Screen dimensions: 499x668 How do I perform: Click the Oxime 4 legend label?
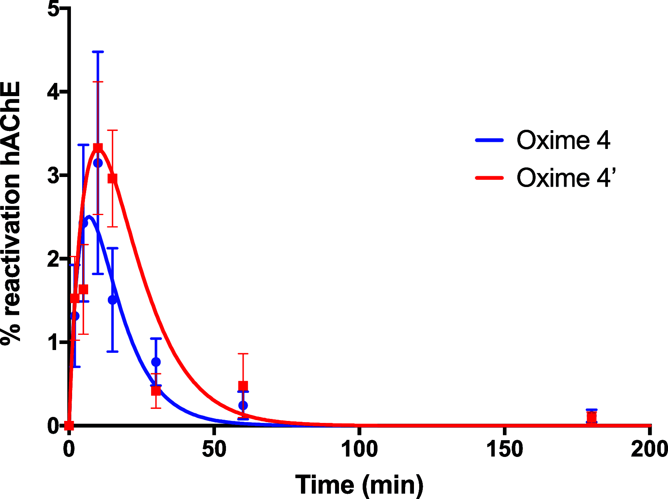click(x=563, y=140)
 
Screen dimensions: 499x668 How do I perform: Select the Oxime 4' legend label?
click(x=565, y=177)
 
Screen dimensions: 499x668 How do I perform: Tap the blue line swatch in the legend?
click(x=489, y=140)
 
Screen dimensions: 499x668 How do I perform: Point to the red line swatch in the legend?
click(x=489, y=177)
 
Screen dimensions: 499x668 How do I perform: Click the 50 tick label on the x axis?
click(x=214, y=449)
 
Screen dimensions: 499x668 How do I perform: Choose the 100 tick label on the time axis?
click(x=359, y=449)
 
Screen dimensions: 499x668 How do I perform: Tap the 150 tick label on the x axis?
click(x=504, y=449)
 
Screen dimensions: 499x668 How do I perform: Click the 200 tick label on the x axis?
click(x=649, y=449)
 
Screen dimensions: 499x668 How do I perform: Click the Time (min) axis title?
click(x=359, y=485)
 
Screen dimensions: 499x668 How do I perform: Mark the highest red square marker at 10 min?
click(x=98, y=148)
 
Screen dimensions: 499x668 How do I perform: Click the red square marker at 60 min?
click(x=243, y=386)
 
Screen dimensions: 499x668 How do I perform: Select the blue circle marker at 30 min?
click(x=156, y=362)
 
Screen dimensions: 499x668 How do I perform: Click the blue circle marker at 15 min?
click(x=113, y=300)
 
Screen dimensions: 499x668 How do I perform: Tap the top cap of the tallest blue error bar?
click(x=98, y=52)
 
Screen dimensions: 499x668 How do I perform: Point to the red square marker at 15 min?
click(x=113, y=178)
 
